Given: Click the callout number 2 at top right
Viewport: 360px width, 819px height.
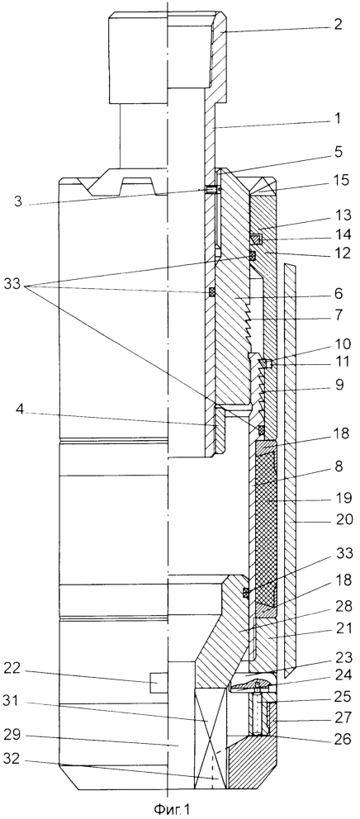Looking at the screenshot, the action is tap(339, 25).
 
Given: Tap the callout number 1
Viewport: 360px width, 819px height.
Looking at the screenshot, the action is tap(338, 119).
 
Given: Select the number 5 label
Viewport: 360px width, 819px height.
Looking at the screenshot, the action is tap(338, 153).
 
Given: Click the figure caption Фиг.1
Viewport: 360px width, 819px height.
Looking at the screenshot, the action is tap(172, 810).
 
